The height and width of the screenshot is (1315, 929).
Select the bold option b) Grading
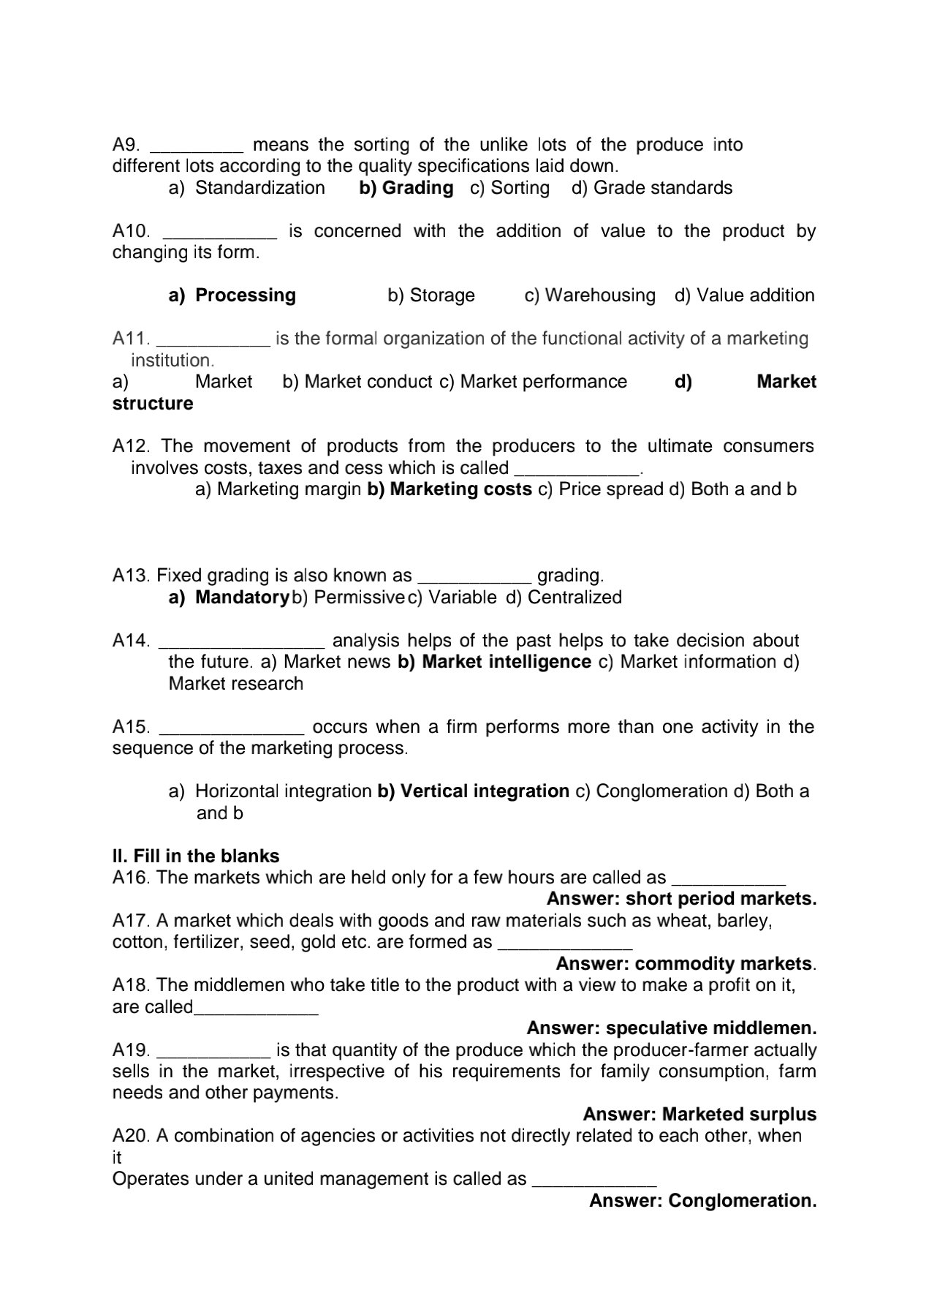click(x=406, y=188)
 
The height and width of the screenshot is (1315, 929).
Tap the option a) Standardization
click(x=246, y=188)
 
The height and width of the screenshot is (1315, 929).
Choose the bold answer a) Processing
click(x=232, y=295)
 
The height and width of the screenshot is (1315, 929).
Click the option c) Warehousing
click(x=590, y=295)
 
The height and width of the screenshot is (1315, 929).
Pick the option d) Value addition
click(x=744, y=295)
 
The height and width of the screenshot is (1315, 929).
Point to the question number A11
click(x=131, y=339)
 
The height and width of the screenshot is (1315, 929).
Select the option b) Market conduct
click(x=357, y=382)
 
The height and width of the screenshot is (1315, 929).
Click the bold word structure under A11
click(x=153, y=404)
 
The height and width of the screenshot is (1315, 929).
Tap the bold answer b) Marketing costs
click(x=450, y=489)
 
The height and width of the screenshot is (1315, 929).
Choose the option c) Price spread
click(x=600, y=489)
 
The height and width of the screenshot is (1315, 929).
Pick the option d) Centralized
click(x=564, y=598)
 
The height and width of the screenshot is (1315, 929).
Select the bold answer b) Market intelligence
click(x=494, y=662)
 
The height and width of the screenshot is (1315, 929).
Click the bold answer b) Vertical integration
click(x=473, y=791)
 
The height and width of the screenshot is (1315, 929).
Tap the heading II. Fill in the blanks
click(x=196, y=856)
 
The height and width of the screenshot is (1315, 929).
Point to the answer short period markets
click(x=721, y=899)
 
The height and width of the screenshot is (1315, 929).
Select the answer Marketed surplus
click(x=739, y=1115)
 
